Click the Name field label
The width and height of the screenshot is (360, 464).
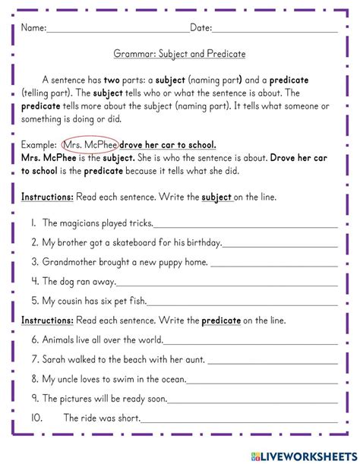click(33, 28)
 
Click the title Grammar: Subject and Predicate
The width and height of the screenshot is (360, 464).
click(179, 55)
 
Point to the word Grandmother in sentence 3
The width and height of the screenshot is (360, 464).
click(69, 262)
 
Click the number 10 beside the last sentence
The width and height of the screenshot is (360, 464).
click(36, 418)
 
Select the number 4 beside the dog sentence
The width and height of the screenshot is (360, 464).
click(35, 282)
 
